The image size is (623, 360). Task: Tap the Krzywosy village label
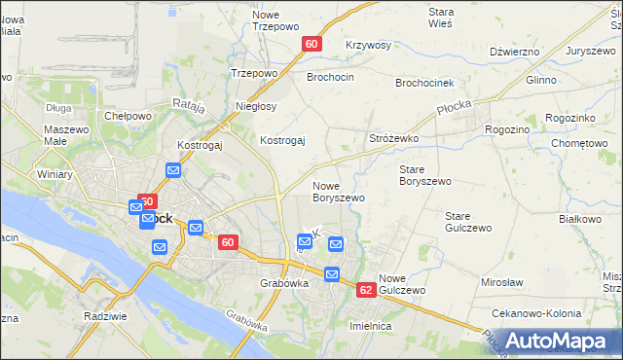pos(368,46)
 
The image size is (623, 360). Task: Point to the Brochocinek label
pos(427,83)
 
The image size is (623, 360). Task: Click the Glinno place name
pos(541,81)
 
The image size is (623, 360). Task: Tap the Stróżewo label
pos(394,139)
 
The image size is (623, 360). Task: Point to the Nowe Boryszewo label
pos(339,191)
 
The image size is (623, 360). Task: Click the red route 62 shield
pos(366,290)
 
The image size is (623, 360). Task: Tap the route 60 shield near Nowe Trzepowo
pos(311,44)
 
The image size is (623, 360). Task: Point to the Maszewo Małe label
pos(68,136)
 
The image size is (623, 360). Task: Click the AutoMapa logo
pos(559,341)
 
